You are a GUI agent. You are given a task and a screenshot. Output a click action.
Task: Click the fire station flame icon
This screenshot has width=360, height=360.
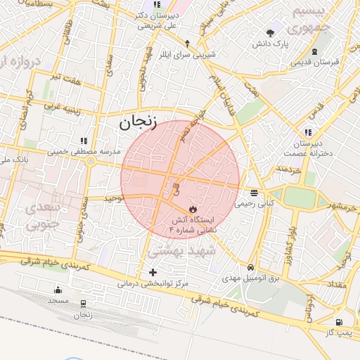point(193,210)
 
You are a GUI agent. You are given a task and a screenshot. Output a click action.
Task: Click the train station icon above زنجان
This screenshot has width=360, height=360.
point(84,304)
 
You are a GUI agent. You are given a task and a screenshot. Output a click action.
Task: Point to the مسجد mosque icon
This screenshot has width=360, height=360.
point(58,290)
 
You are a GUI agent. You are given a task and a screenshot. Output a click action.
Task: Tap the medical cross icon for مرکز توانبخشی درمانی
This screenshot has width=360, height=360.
point(153,272)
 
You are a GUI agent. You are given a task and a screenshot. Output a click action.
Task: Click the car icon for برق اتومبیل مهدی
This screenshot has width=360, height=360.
point(251,268)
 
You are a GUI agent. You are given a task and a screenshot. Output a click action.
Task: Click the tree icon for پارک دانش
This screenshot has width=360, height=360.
point(271,32)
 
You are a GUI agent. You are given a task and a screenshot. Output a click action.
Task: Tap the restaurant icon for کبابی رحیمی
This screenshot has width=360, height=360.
point(253,193)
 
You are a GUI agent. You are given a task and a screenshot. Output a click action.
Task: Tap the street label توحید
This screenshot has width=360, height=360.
point(113,199)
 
